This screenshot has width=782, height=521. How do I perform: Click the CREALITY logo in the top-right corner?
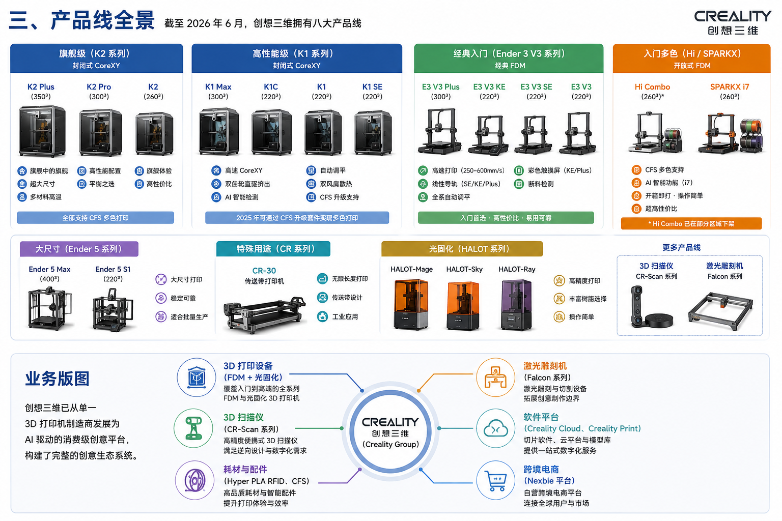(x=733, y=22)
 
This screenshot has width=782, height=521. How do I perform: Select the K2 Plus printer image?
(x=42, y=131)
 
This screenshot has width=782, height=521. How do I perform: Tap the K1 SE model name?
(x=372, y=86)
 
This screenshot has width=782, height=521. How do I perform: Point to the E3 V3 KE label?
(x=489, y=86)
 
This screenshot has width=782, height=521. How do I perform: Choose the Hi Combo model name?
(x=652, y=86)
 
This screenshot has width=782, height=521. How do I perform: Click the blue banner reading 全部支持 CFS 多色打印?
(x=95, y=218)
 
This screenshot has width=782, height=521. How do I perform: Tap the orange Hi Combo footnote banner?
(x=691, y=224)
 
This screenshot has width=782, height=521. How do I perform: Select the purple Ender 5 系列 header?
(x=79, y=249)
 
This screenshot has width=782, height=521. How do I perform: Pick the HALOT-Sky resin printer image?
(x=463, y=306)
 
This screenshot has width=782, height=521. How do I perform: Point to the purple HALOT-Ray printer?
(x=516, y=304)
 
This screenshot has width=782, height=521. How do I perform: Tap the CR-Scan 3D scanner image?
(x=651, y=307)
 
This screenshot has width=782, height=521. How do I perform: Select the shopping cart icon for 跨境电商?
(x=495, y=480)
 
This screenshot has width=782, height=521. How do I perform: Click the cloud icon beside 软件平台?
(x=495, y=428)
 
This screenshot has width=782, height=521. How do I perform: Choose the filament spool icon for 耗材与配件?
(x=194, y=480)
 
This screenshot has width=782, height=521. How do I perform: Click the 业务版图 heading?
(x=57, y=379)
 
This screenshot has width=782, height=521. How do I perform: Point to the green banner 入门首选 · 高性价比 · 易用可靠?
(x=506, y=218)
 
